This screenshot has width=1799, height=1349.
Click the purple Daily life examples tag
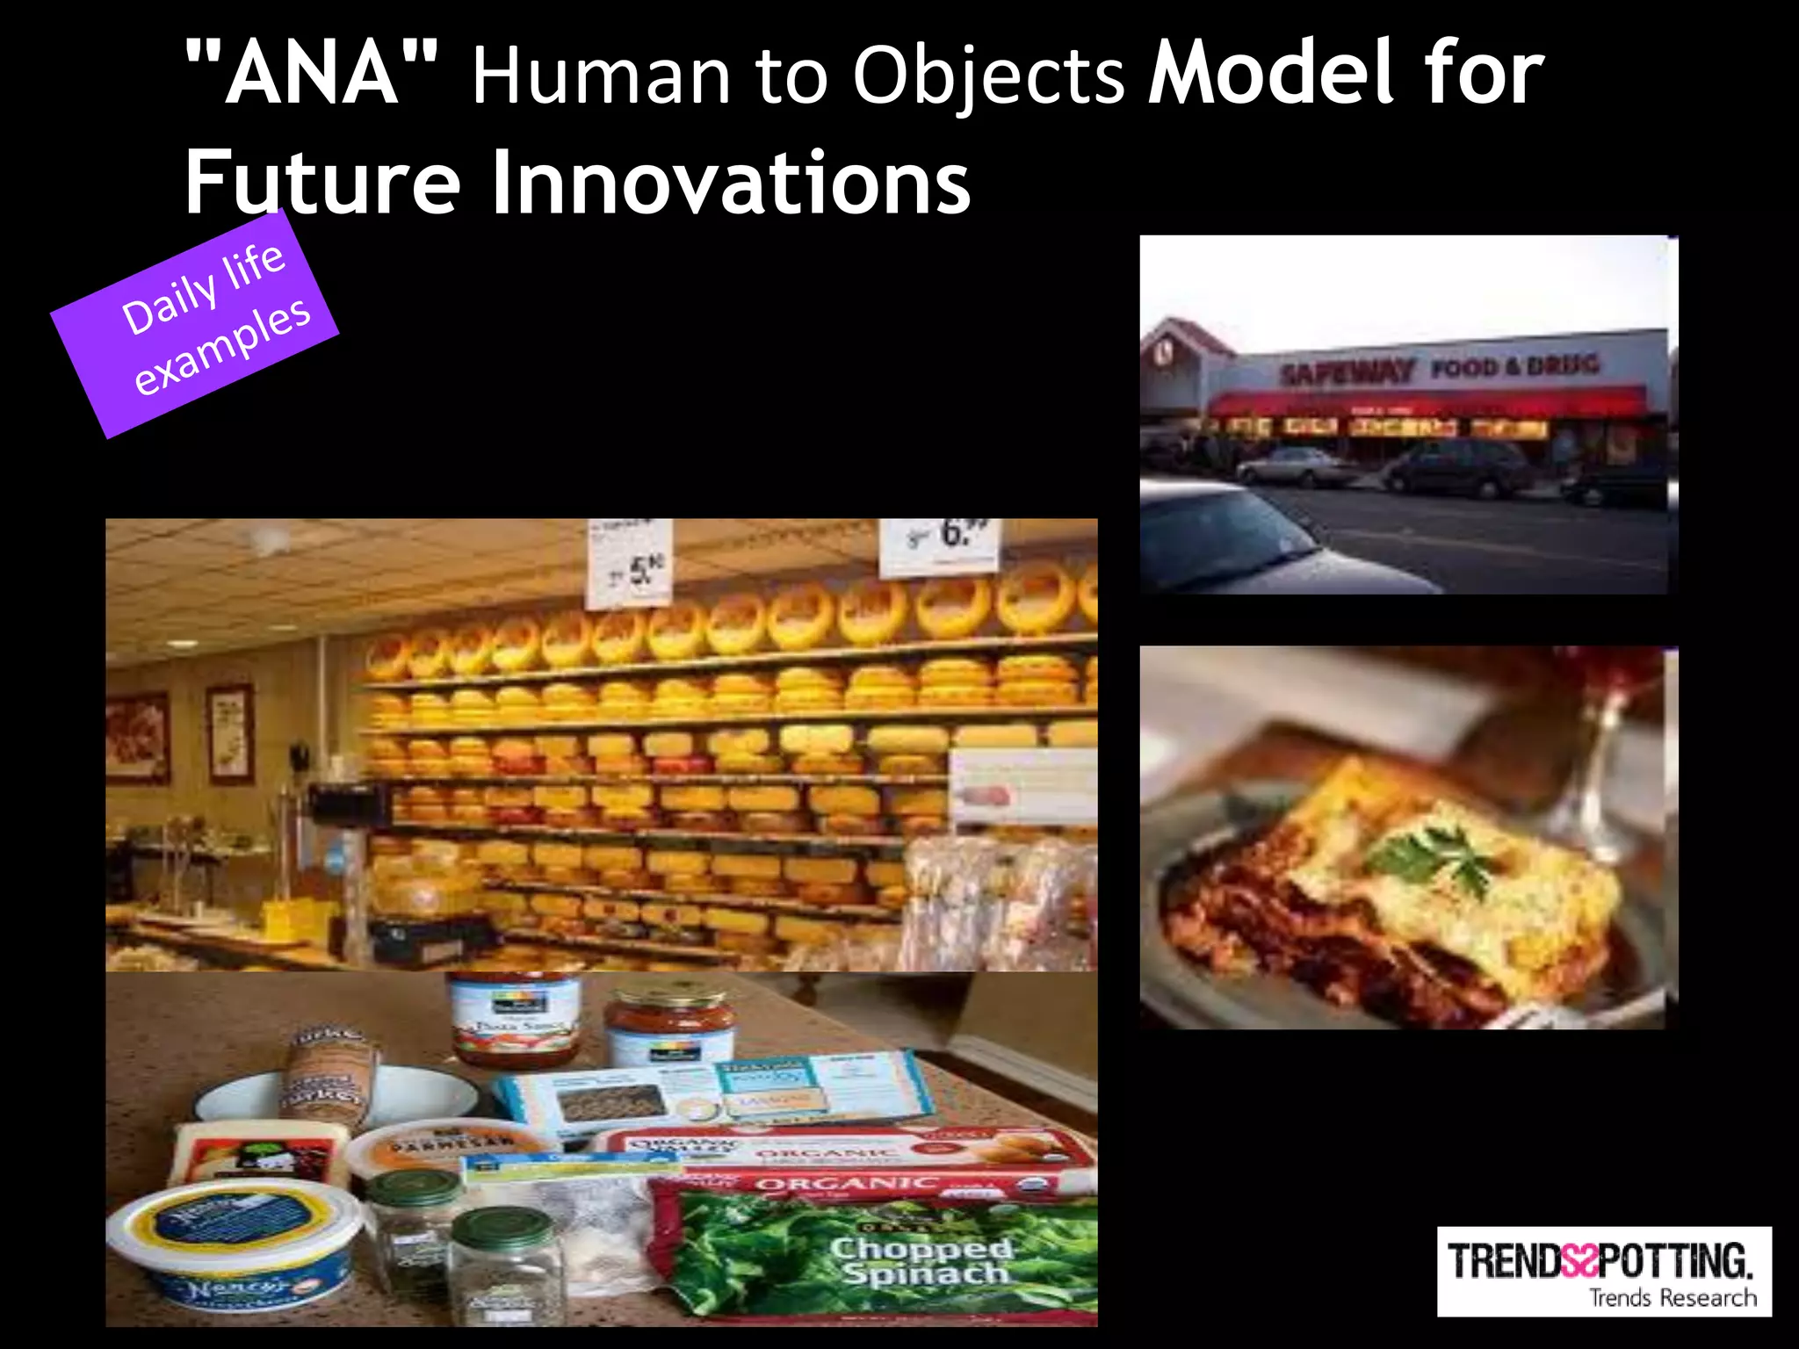pos(195,322)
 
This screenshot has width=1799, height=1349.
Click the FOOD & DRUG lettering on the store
pos(1514,365)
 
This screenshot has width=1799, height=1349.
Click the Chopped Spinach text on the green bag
pos(922,1260)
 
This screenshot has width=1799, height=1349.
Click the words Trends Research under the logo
pos(1673,1297)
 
